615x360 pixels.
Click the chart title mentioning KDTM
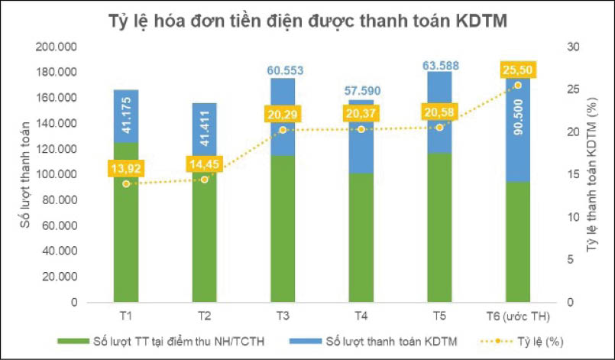coord(307,22)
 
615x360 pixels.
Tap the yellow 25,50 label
coord(517,70)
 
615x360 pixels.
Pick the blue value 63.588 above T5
coord(439,64)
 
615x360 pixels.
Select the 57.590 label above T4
coord(361,92)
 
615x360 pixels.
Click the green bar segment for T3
coord(283,229)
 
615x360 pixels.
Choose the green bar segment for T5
coord(439,229)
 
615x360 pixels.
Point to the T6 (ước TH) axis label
coord(518,316)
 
